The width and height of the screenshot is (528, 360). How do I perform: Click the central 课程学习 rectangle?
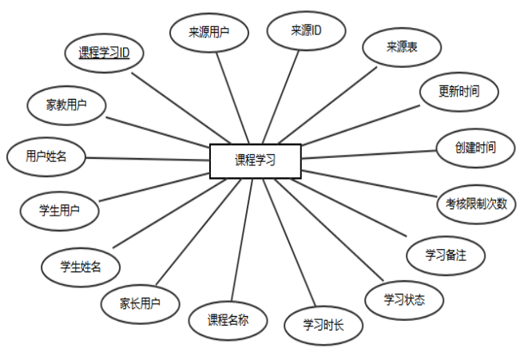pos(255,160)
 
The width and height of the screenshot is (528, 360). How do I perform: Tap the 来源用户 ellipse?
pos(210,34)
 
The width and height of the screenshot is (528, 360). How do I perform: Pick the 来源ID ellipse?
pos(306,31)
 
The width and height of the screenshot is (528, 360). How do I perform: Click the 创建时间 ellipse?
pos(475,148)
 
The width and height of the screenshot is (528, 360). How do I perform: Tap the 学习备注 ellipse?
pos(446,255)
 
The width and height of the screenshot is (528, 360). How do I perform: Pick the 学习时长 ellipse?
pos(323,325)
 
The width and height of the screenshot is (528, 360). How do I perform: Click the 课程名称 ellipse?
pos(228,321)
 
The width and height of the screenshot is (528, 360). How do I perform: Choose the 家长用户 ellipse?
pos(140,303)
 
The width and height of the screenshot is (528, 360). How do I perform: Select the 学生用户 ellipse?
pos(59,211)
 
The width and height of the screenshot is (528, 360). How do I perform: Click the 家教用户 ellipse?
pos(67,104)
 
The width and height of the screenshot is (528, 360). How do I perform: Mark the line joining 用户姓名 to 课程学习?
pos(148,158)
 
